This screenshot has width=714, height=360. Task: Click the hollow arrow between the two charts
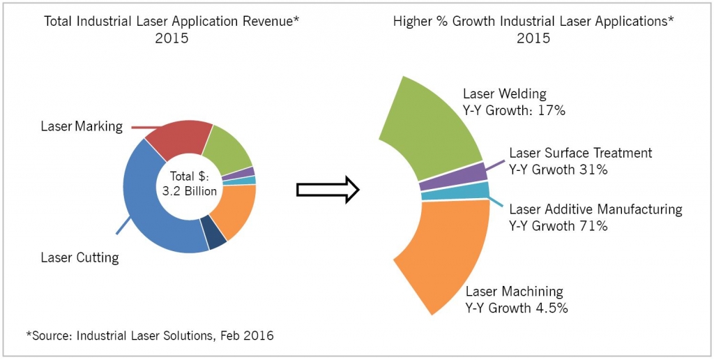pyautogui.click(x=327, y=190)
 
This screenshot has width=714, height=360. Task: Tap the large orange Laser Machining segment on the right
pyautogui.click(x=446, y=251)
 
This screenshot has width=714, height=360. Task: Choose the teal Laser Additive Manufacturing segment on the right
pyautogui.click(x=457, y=191)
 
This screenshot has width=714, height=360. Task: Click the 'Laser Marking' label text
pyautogui.click(x=82, y=126)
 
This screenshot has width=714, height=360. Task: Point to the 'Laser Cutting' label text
pyautogui.click(x=79, y=257)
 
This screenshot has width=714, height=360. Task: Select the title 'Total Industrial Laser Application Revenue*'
pyautogui.click(x=172, y=21)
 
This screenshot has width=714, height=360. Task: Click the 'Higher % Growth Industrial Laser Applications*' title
pyautogui.click(x=533, y=21)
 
